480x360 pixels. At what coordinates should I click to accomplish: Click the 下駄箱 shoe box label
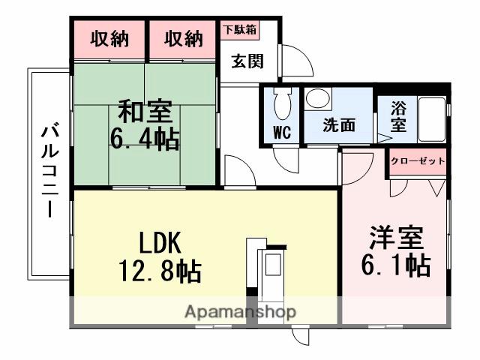tap(239, 30)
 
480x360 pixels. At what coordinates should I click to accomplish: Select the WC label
tap(282, 133)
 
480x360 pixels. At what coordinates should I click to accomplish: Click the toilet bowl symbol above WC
tap(282, 104)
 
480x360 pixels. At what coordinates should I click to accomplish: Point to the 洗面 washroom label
tap(338, 126)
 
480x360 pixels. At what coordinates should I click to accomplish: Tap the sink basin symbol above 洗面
tap(318, 100)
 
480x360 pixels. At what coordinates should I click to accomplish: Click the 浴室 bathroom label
tap(399, 116)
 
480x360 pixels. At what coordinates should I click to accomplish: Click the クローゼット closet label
tap(418, 161)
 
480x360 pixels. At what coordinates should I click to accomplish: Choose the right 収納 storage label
tap(184, 39)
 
